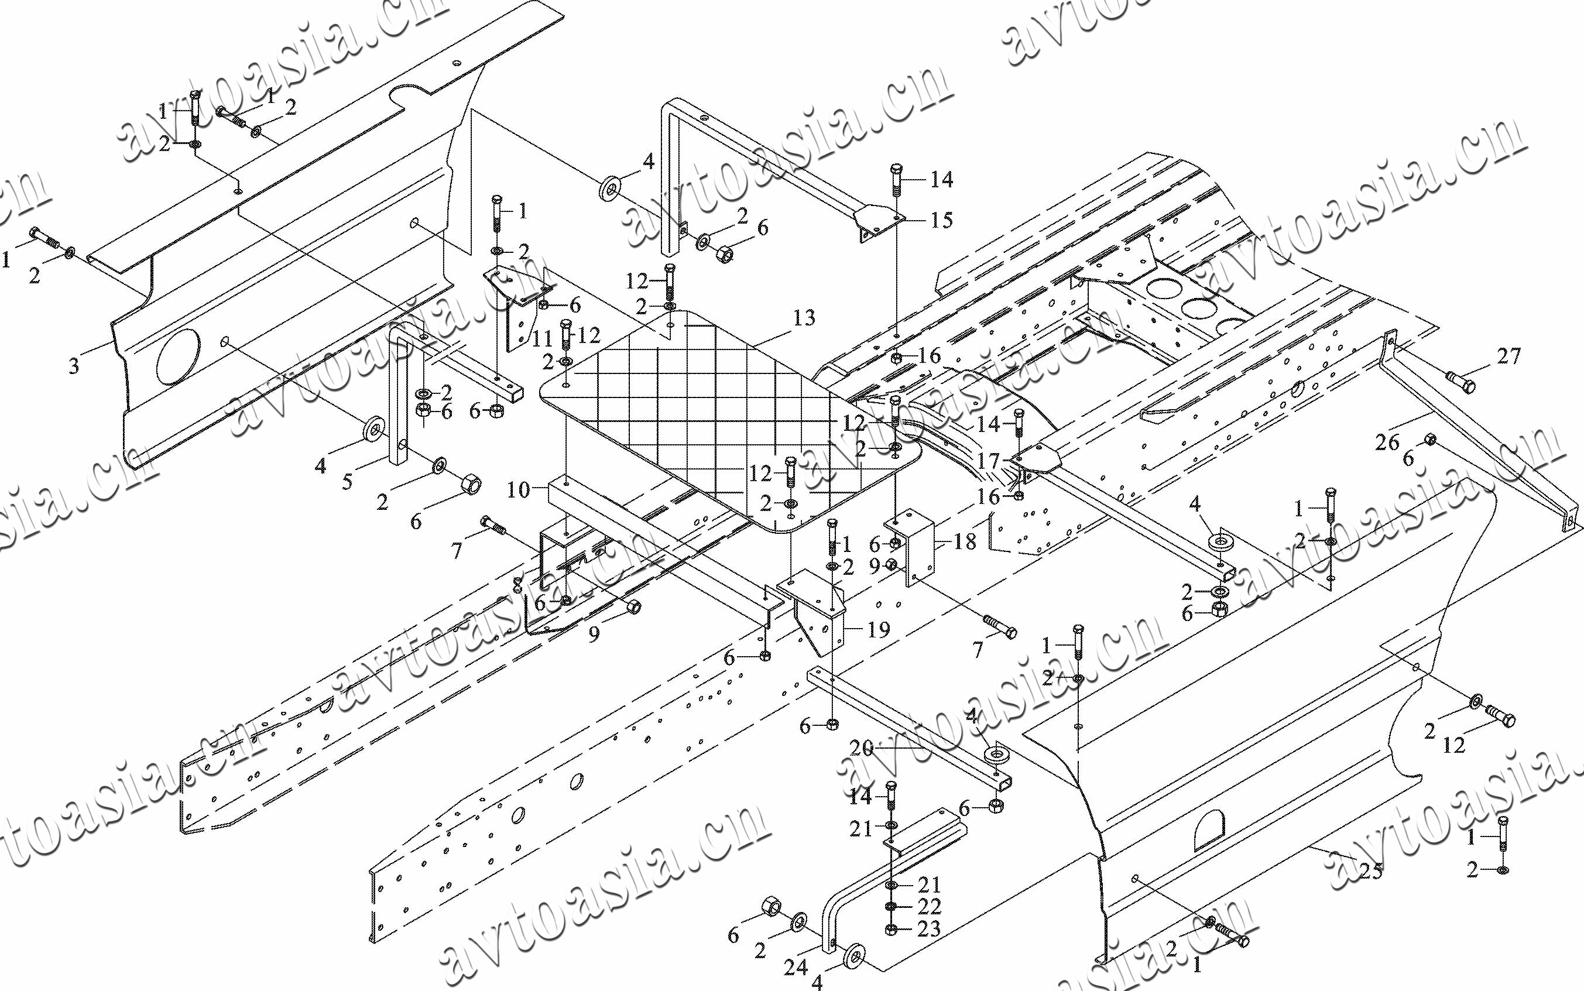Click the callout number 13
click(x=804, y=318)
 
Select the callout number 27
click(x=1508, y=356)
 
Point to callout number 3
click(x=74, y=366)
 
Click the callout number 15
click(x=942, y=220)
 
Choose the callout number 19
click(x=879, y=630)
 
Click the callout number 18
click(x=965, y=541)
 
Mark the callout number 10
click(x=517, y=489)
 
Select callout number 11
click(x=542, y=339)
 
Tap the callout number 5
click(x=347, y=482)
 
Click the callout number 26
click(x=1387, y=443)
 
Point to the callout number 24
click(x=796, y=967)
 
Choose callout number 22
click(x=930, y=907)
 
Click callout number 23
click(x=930, y=929)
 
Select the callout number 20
click(x=862, y=749)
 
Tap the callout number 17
click(x=988, y=461)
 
